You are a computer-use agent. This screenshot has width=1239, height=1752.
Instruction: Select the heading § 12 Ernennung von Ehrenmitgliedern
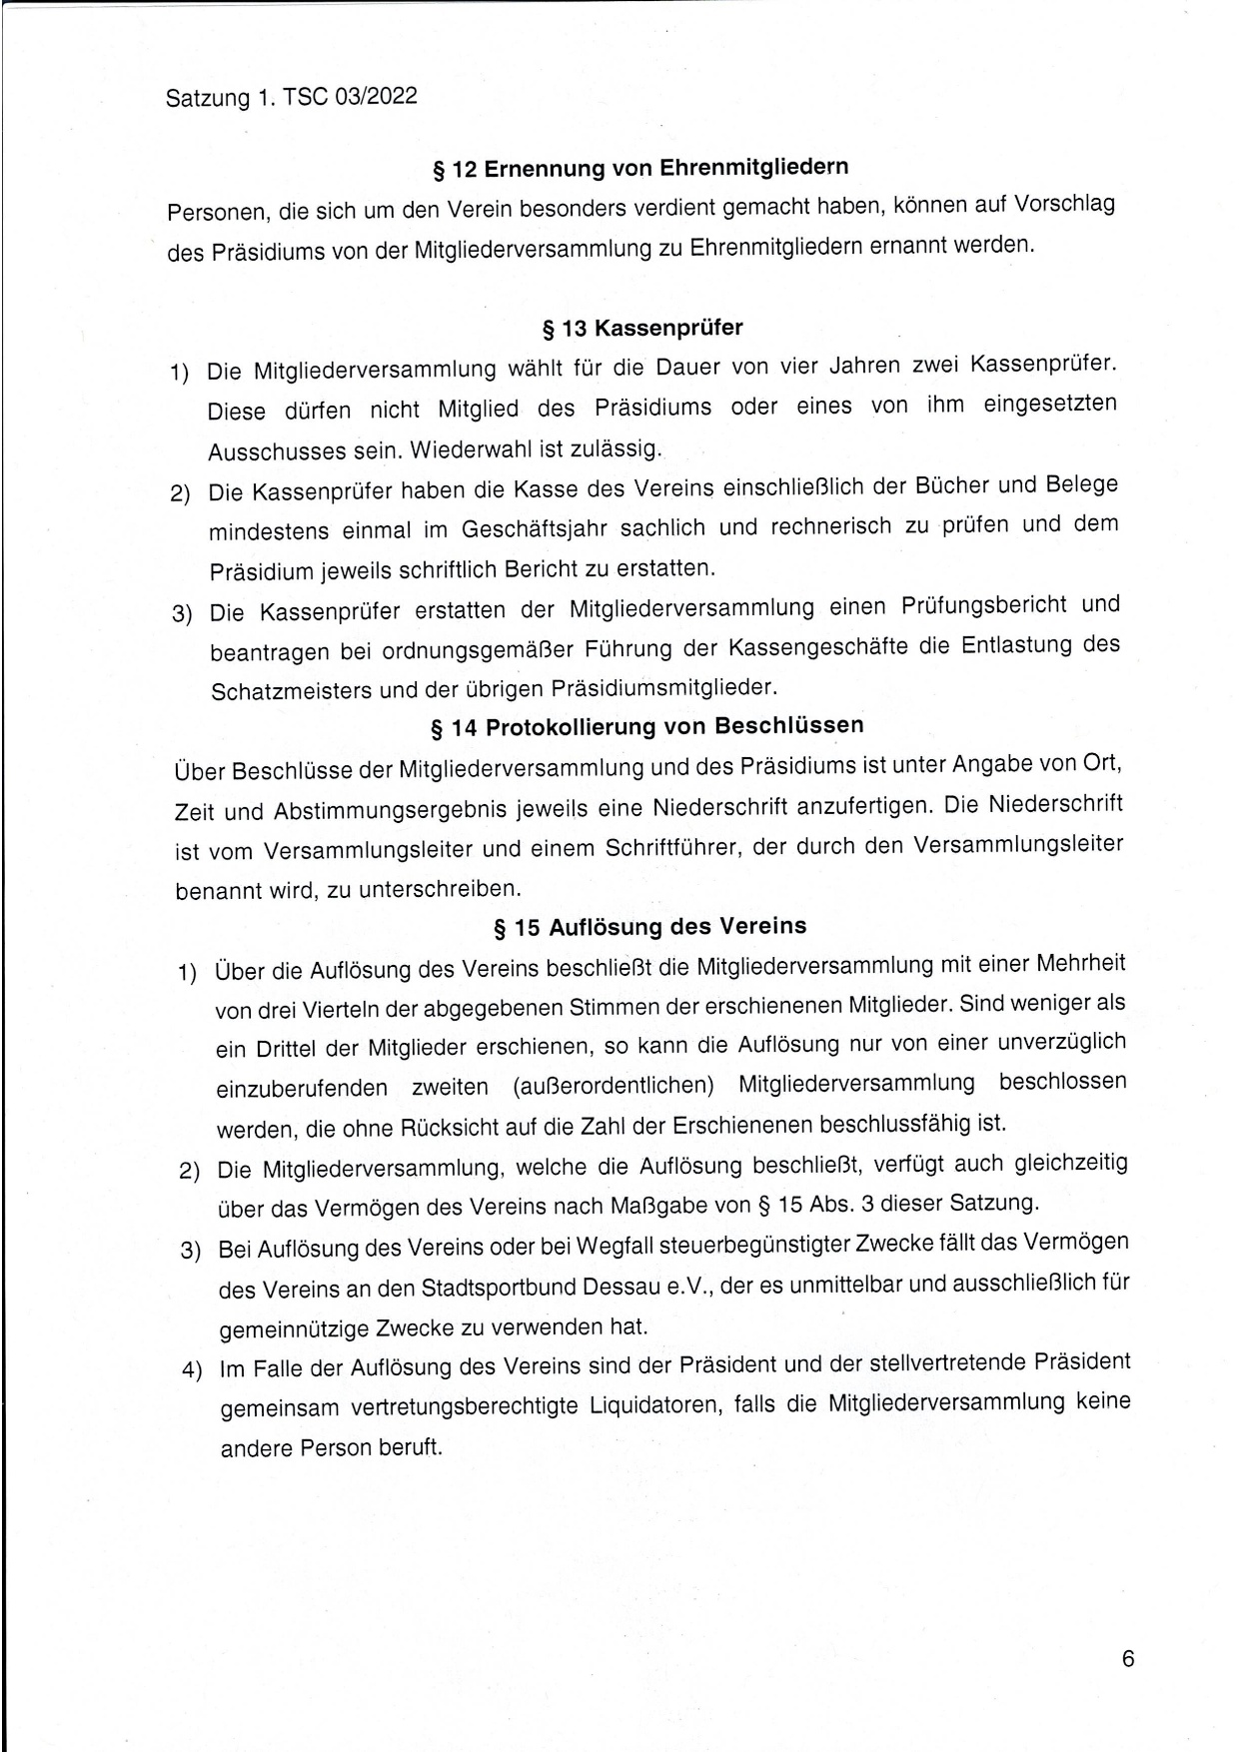(640, 168)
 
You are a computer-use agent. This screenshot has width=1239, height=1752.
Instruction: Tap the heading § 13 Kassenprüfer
(641, 328)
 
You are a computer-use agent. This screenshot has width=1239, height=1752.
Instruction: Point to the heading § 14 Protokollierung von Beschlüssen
(646, 726)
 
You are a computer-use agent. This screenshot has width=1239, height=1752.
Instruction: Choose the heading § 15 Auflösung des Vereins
(650, 927)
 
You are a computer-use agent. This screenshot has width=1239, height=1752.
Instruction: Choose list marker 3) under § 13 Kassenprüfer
(181, 613)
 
